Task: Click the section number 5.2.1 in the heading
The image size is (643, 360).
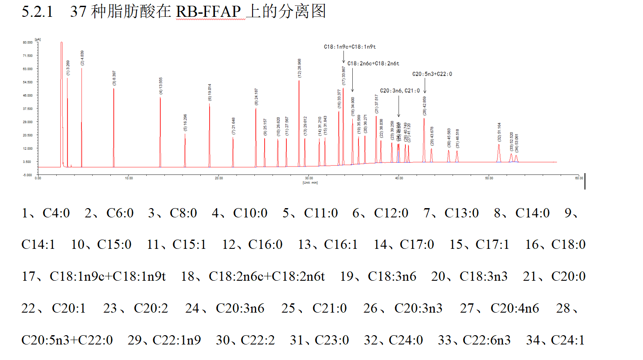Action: pos(37,12)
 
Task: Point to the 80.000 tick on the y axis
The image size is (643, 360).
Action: pos(27,43)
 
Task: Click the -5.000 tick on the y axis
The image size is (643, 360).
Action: pos(28,175)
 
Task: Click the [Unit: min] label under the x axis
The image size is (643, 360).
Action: pos(310,182)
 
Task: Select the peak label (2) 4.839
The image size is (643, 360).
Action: pos(82,58)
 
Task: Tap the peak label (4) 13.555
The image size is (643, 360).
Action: pos(161,86)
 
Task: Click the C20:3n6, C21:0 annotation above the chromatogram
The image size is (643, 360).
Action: pos(400,91)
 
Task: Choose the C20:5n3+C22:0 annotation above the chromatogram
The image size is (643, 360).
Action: pos(432,74)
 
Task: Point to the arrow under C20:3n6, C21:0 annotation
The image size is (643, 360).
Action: pos(398,106)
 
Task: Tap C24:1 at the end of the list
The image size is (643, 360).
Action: pos(568,340)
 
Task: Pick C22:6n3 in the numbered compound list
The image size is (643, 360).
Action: pos(487,340)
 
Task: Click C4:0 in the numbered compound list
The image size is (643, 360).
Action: pos(56,213)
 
